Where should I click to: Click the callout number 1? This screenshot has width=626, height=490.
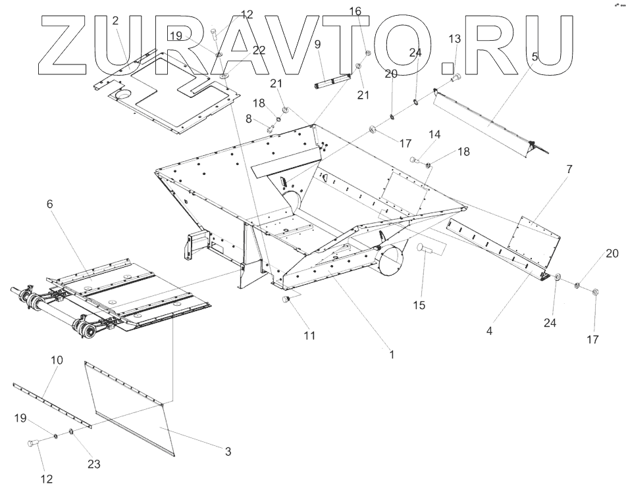[392, 354]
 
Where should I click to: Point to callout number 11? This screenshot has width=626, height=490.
[309, 335]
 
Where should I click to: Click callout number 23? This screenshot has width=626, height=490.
[94, 464]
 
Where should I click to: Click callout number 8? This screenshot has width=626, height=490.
[249, 119]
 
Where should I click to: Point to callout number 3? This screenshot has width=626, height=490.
[228, 452]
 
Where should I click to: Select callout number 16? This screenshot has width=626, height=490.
[355, 11]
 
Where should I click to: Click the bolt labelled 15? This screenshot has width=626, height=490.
[425, 248]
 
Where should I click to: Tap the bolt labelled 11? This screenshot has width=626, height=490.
[286, 300]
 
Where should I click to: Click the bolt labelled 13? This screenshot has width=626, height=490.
[456, 79]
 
